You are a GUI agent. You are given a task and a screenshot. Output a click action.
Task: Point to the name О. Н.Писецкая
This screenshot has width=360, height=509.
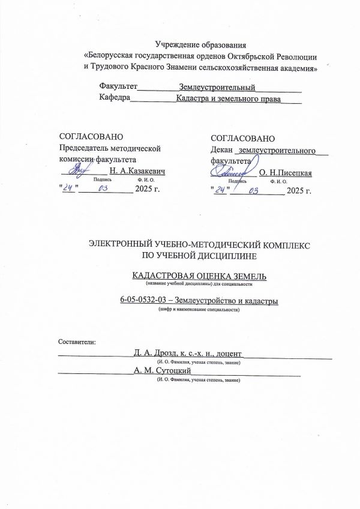(285, 173)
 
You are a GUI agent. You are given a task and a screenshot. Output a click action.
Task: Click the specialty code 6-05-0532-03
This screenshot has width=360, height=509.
(143, 301)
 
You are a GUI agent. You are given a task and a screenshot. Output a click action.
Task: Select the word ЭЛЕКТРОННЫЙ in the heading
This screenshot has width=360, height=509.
(119, 245)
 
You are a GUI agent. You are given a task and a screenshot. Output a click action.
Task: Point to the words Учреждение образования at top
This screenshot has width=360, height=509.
(201, 44)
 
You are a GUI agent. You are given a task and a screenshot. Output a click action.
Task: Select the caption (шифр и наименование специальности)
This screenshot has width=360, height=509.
(199, 310)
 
